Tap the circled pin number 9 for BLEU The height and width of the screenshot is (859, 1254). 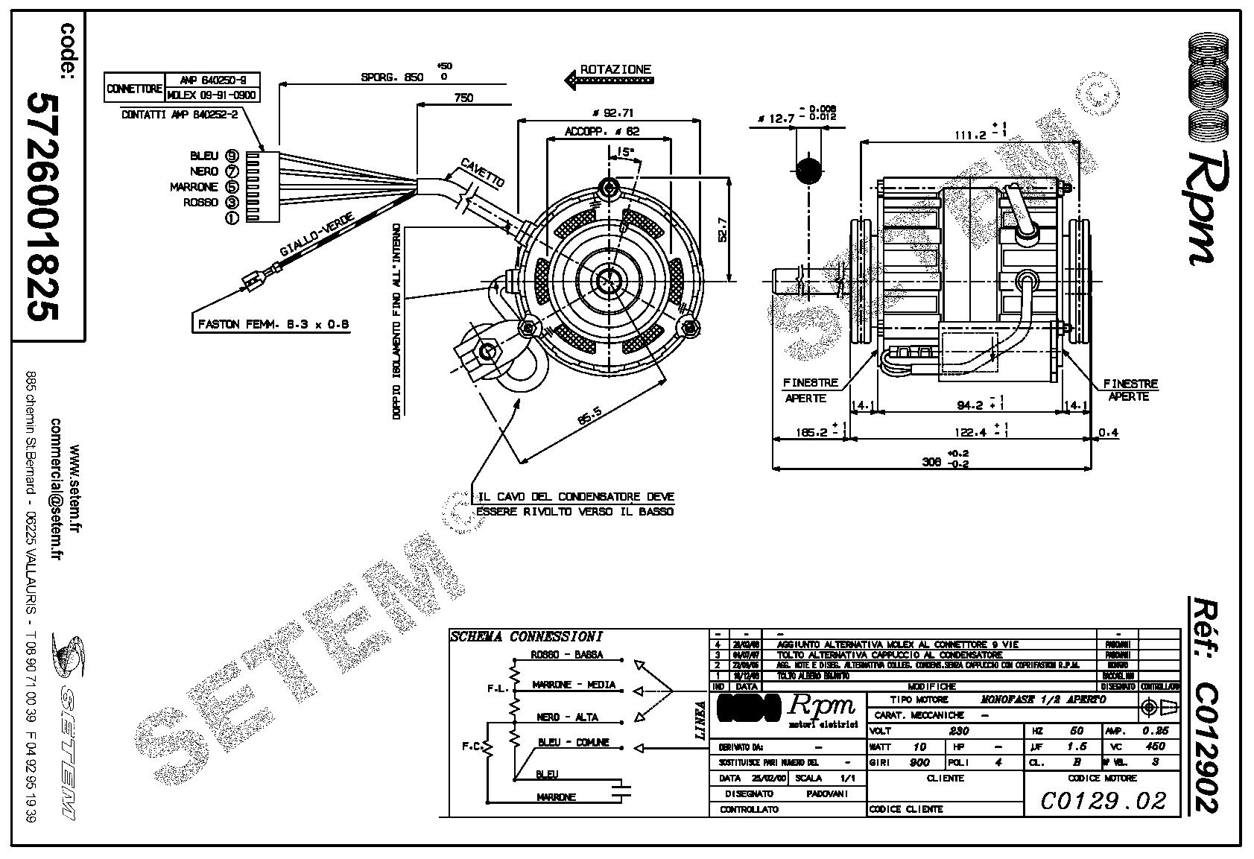232,156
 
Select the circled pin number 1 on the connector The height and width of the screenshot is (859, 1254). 232,217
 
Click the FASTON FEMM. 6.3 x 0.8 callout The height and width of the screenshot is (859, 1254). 273,325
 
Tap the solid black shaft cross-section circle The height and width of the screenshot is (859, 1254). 808,171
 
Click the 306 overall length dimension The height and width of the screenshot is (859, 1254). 931,461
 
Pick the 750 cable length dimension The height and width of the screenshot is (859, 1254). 463,97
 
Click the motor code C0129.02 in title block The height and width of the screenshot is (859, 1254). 1103,800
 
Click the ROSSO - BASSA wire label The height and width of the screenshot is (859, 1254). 567,656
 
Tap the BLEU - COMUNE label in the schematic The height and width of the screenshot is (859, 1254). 574,743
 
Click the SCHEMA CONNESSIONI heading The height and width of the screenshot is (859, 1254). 526,637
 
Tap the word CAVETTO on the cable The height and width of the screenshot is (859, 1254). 482,172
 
